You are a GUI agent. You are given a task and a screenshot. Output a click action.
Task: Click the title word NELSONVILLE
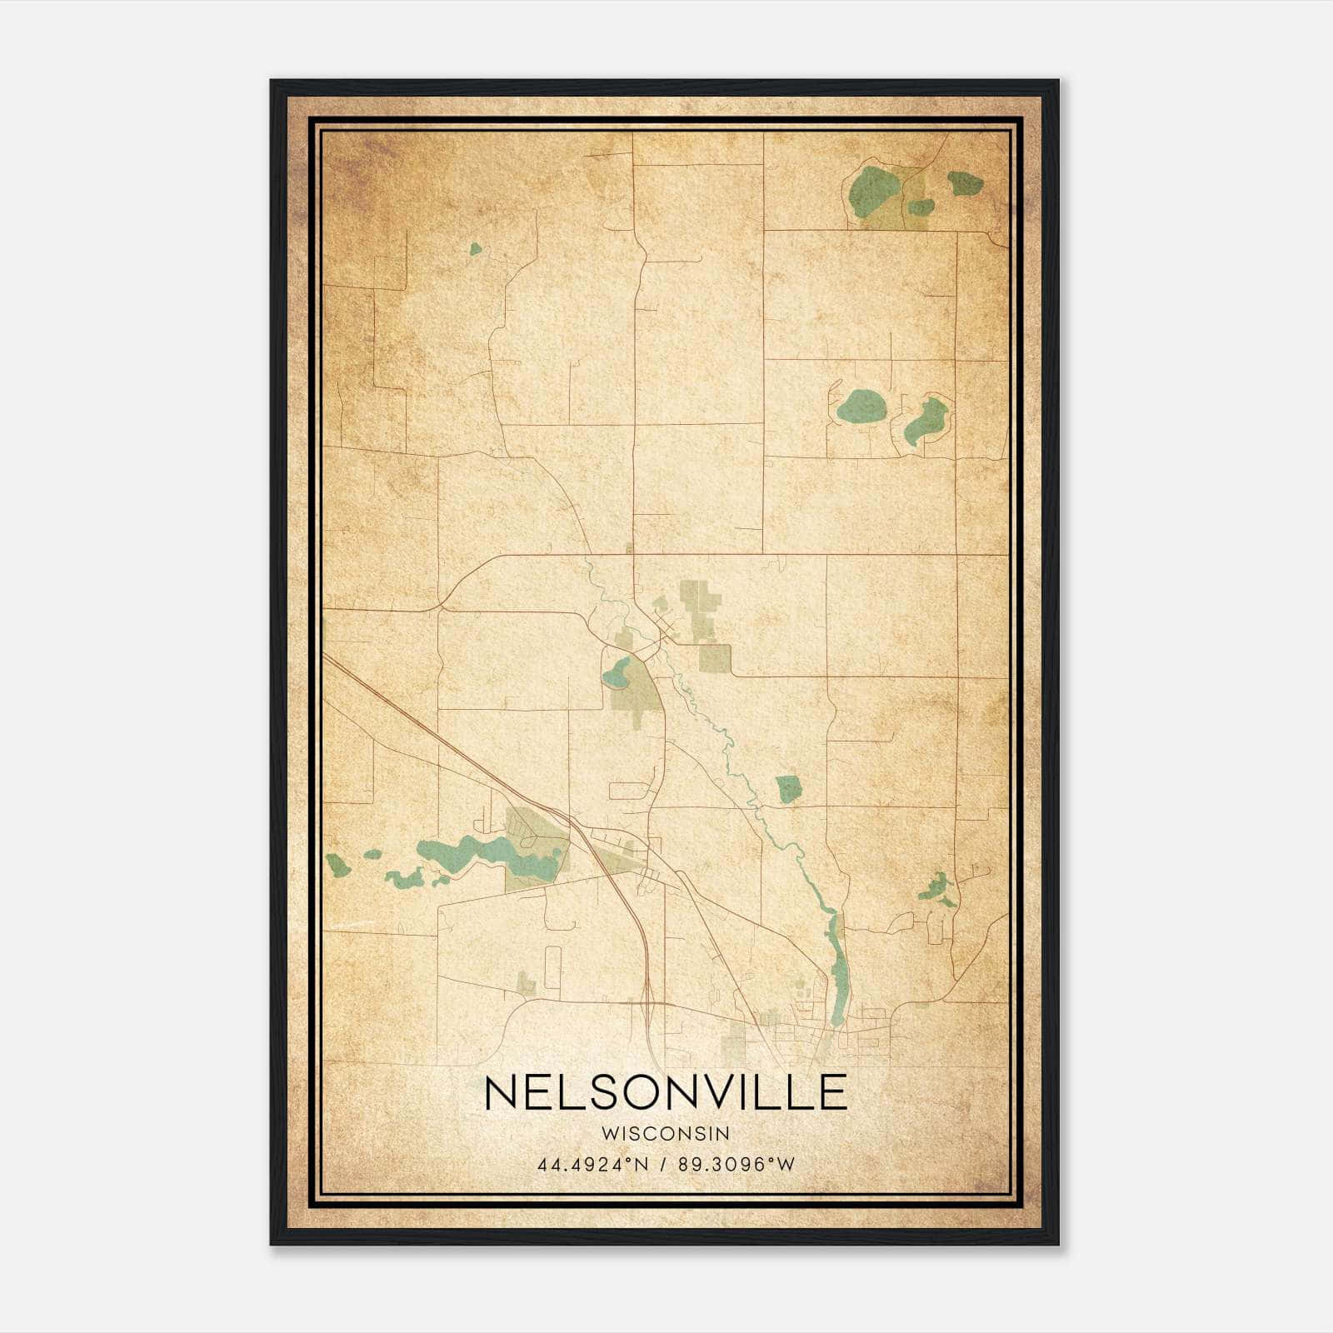click(665, 1092)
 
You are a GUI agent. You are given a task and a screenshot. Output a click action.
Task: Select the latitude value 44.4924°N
click(593, 1165)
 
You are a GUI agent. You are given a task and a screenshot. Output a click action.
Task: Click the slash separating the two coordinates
click(663, 1165)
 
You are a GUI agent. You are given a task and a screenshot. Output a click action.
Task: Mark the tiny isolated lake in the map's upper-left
click(475, 248)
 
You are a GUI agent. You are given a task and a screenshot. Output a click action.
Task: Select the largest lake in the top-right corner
click(874, 187)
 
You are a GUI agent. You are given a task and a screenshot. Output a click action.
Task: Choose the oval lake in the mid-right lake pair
click(861, 406)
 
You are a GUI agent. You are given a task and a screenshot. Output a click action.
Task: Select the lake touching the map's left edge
click(337, 866)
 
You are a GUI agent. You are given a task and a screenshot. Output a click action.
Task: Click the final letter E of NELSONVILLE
click(831, 1092)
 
